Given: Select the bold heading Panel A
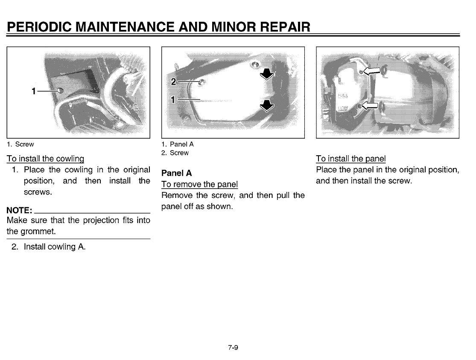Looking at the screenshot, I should click(176, 173).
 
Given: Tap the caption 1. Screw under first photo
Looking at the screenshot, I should click(20, 144).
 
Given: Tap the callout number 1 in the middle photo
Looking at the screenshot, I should click(173, 99).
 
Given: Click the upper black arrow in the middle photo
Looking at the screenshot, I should click(267, 75).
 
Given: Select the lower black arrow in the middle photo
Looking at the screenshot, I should click(267, 105).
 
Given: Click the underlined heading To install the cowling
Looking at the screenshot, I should click(45, 159).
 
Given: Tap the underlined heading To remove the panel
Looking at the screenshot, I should click(199, 185).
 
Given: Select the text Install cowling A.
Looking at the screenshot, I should click(55, 247).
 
